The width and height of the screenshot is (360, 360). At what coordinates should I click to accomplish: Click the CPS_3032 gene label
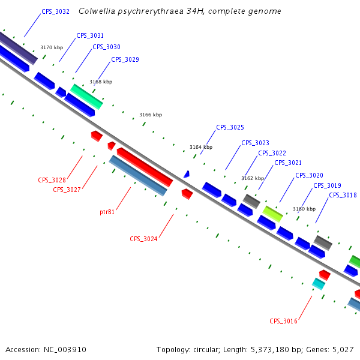55,11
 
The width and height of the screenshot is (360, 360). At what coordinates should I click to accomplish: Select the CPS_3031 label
90,35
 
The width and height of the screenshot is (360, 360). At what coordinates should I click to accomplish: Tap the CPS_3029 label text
125,59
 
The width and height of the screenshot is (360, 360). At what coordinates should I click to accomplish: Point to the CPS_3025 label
230,127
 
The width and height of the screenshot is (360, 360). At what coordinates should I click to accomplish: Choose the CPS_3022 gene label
272,153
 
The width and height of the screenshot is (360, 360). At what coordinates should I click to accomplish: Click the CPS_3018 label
343,195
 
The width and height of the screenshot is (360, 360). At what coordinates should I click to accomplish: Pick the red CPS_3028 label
52,180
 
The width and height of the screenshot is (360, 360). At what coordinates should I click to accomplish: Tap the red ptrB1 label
107,212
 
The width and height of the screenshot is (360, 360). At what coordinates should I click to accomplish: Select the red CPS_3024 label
143,239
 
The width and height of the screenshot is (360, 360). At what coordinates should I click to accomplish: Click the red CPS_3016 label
283,321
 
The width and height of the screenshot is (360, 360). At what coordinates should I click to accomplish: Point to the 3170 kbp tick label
52,47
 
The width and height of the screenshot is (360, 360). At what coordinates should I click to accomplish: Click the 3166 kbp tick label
151,115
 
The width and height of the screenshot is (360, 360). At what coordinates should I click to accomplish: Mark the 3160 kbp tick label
304,209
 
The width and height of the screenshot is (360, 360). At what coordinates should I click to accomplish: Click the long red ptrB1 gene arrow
145,167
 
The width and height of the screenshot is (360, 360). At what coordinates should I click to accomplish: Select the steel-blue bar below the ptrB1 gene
137,175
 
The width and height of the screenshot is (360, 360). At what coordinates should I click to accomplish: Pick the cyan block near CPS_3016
318,284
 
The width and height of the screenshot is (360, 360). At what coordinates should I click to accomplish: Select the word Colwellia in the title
99,11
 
